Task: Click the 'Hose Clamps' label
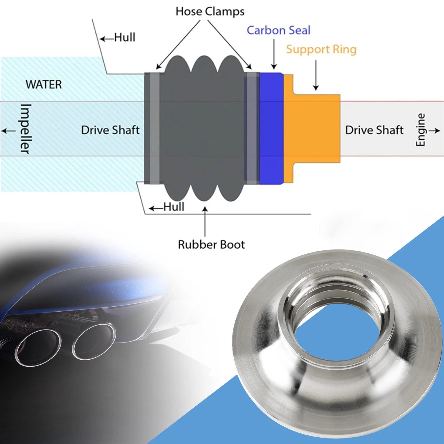210,12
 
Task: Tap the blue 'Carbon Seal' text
279,30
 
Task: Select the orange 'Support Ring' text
321,49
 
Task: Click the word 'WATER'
44,84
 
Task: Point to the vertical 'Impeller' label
25,129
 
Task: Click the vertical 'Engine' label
421,130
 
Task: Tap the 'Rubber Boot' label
211,244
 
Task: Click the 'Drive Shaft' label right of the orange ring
374,130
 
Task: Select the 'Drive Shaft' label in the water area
110,130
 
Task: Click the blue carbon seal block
271,128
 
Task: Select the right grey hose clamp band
251,128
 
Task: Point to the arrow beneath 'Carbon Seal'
274,54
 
